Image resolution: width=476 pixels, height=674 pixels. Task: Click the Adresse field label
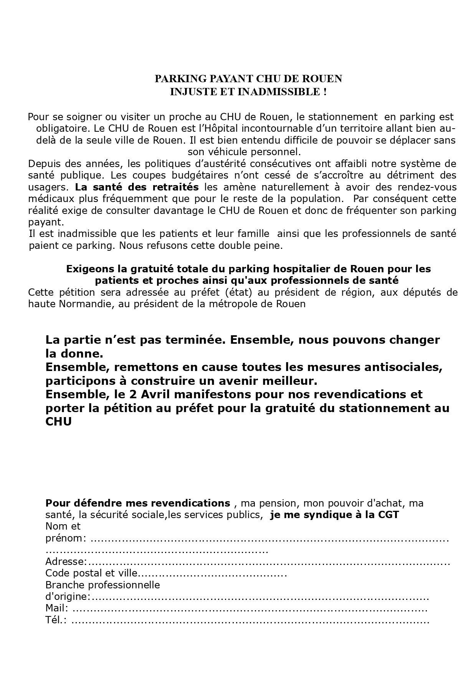click(x=66, y=561)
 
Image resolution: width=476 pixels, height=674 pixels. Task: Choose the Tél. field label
click(x=56, y=620)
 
